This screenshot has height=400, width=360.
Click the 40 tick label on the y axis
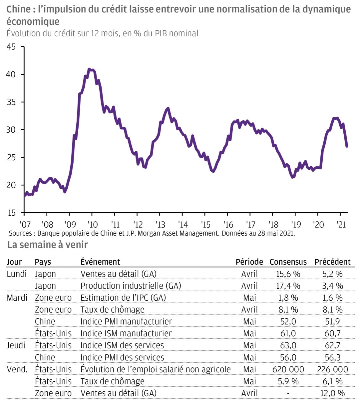tap(11, 74)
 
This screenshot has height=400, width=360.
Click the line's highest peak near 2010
tap(89, 69)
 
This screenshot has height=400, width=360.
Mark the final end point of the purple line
tap(347, 146)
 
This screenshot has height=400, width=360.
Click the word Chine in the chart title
tap(18, 9)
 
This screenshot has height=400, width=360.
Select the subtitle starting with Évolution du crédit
tap(102, 33)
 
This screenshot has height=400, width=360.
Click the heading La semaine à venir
tap(48, 245)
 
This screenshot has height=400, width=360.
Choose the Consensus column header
tap(288, 262)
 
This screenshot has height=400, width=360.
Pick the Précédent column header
tap(332, 262)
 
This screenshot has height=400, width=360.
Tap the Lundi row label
tap(17, 274)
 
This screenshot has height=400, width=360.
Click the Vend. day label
tap(17, 369)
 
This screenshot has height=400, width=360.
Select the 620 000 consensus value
tap(288, 369)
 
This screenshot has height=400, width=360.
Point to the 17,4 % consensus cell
tap(288, 286)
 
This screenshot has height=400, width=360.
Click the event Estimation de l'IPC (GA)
tap(123, 298)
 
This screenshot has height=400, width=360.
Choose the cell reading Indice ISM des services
tap(122, 345)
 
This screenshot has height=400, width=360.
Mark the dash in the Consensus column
tap(288, 393)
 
